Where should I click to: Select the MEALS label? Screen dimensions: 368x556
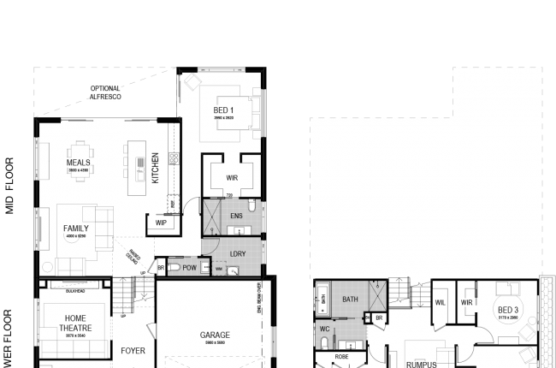pyautogui.click(x=78, y=162)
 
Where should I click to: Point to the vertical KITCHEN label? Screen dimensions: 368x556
pyautogui.click(x=155, y=168)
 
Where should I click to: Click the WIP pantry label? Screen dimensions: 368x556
pyautogui.click(x=161, y=223)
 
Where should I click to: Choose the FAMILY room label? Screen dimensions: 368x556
pyautogui.click(x=76, y=229)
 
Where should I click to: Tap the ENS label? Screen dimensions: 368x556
pyautogui.click(x=237, y=217)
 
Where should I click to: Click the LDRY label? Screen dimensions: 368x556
pyautogui.click(x=239, y=254)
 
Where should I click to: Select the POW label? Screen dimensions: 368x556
pyautogui.click(x=189, y=268)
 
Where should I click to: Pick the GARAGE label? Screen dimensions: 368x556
pyautogui.click(x=216, y=335)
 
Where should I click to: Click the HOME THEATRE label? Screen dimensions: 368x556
pyautogui.click(x=75, y=323)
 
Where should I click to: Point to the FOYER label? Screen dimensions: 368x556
pyautogui.click(x=133, y=350)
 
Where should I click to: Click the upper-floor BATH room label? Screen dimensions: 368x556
pyautogui.click(x=351, y=300)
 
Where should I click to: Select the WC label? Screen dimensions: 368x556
pyautogui.click(x=324, y=327)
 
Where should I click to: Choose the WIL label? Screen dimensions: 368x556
pyautogui.click(x=441, y=302)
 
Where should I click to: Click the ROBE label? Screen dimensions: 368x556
pyautogui.click(x=342, y=355)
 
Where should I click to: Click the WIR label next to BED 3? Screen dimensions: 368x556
pyautogui.click(x=467, y=302)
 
